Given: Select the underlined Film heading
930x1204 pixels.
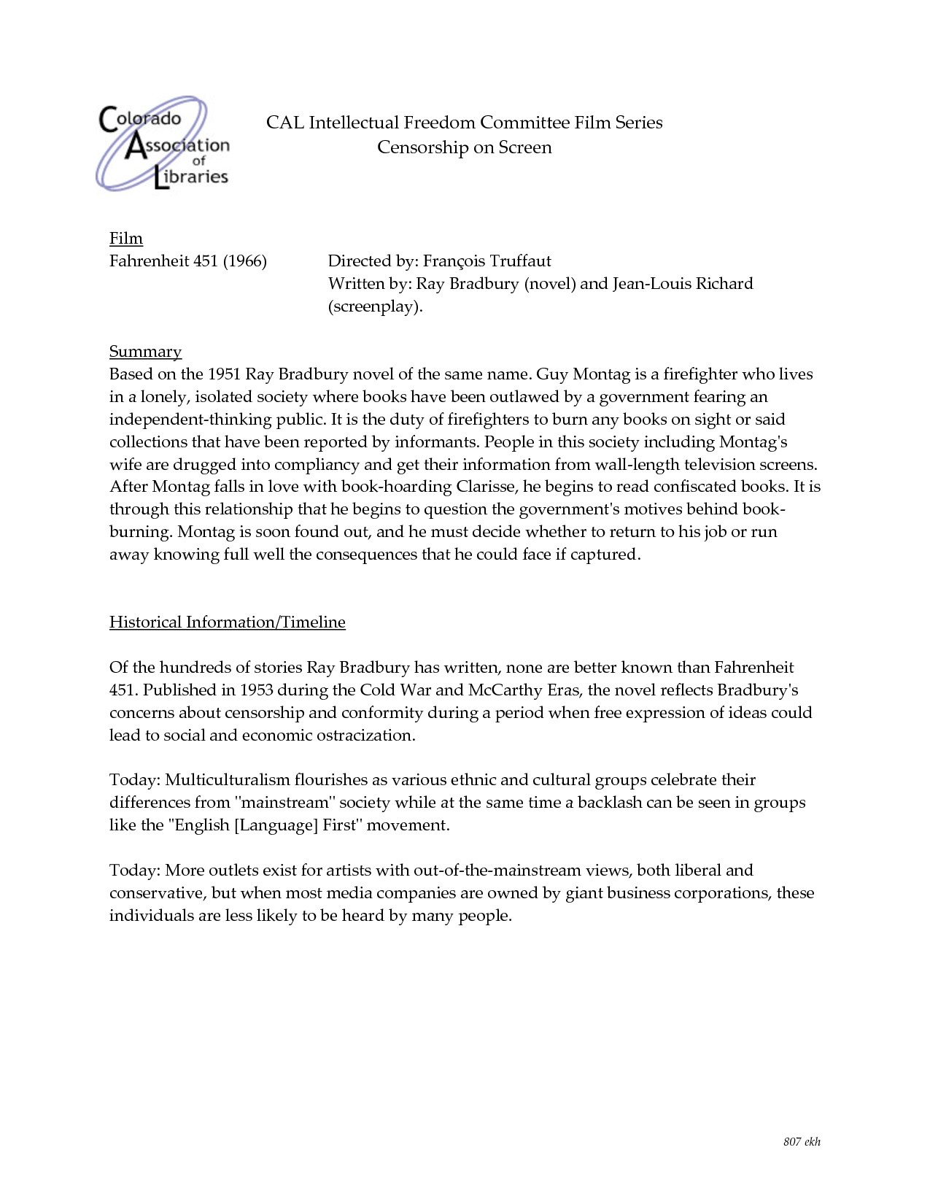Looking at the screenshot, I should pos(126,239).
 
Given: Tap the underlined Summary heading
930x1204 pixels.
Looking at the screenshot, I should pos(145,352).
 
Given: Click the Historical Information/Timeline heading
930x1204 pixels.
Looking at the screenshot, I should pos(227,622).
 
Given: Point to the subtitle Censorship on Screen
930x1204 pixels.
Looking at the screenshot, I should pos(464,147).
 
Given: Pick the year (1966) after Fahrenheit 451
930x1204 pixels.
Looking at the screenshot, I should pos(245,261).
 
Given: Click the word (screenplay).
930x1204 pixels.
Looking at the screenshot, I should pos(375,306).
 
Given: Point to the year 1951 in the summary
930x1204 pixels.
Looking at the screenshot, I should pos(224,374).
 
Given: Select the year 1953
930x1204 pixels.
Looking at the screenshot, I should pos(256,690).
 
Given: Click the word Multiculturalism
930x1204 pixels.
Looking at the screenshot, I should pos(228,780).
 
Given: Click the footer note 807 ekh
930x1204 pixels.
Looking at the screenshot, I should pos(802,1142).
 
